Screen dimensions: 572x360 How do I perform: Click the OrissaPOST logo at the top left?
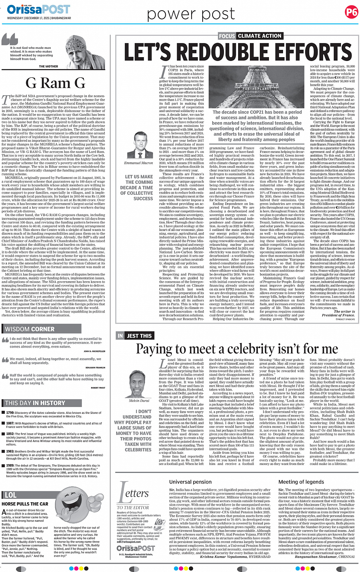click(x=38, y=9)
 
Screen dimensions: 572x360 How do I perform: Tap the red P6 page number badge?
click(x=351, y=13)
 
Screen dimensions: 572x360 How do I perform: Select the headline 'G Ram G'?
click(x=55, y=83)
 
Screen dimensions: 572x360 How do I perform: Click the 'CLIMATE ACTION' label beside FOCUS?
click(x=259, y=36)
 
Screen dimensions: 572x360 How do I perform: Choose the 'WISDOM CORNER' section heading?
click(x=30, y=329)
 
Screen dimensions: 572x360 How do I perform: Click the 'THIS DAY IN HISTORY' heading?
click(x=35, y=403)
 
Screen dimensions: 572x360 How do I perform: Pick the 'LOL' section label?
click(x=10, y=495)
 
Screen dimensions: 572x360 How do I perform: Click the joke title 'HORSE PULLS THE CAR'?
click(x=25, y=504)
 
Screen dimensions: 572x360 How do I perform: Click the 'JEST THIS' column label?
click(x=139, y=336)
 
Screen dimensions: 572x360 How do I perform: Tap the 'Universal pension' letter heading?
click(x=190, y=482)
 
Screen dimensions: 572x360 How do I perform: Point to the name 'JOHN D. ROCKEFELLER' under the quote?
click(x=94, y=351)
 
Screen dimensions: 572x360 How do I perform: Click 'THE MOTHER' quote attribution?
click(x=48, y=66)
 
